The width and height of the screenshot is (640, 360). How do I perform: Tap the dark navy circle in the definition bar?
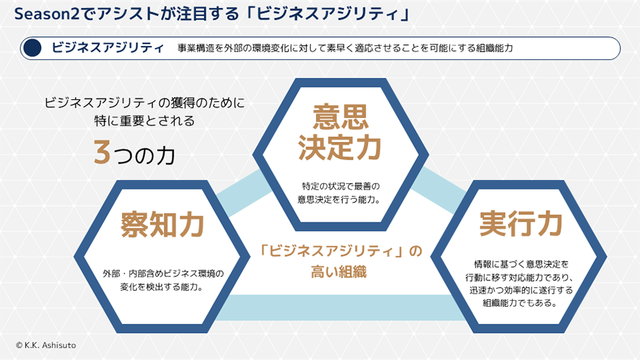click(x=32, y=48)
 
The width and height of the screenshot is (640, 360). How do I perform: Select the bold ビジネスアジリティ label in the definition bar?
click(x=108, y=48)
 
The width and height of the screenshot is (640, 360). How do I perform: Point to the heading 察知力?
click(x=162, y=224)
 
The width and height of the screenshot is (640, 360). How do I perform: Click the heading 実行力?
click(x=521, y=224)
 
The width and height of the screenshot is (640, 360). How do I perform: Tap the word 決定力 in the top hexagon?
click(x=340, y=148)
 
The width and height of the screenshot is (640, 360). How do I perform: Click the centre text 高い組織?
click(x=342, y=272)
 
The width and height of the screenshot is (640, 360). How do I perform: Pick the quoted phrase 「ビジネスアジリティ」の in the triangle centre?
click(x=341, y=251)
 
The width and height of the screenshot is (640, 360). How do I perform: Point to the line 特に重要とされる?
click(x=144, y=121)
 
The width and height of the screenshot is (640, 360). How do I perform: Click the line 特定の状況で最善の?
click(x=341, y=185)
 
